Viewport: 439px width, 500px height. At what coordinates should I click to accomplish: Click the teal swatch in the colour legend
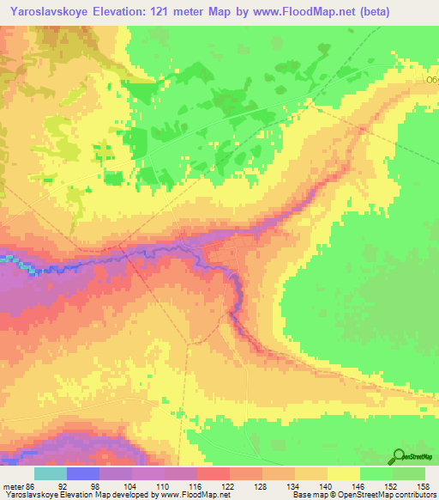tap(50, 473)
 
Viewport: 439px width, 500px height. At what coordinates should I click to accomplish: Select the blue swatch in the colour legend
tap(82, 473)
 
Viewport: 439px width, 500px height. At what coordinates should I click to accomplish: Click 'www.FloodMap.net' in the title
tap(309, 12)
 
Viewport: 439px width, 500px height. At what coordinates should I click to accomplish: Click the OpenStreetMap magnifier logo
tap(399, 455)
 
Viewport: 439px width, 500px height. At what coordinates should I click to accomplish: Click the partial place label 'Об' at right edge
tap(432, 79)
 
